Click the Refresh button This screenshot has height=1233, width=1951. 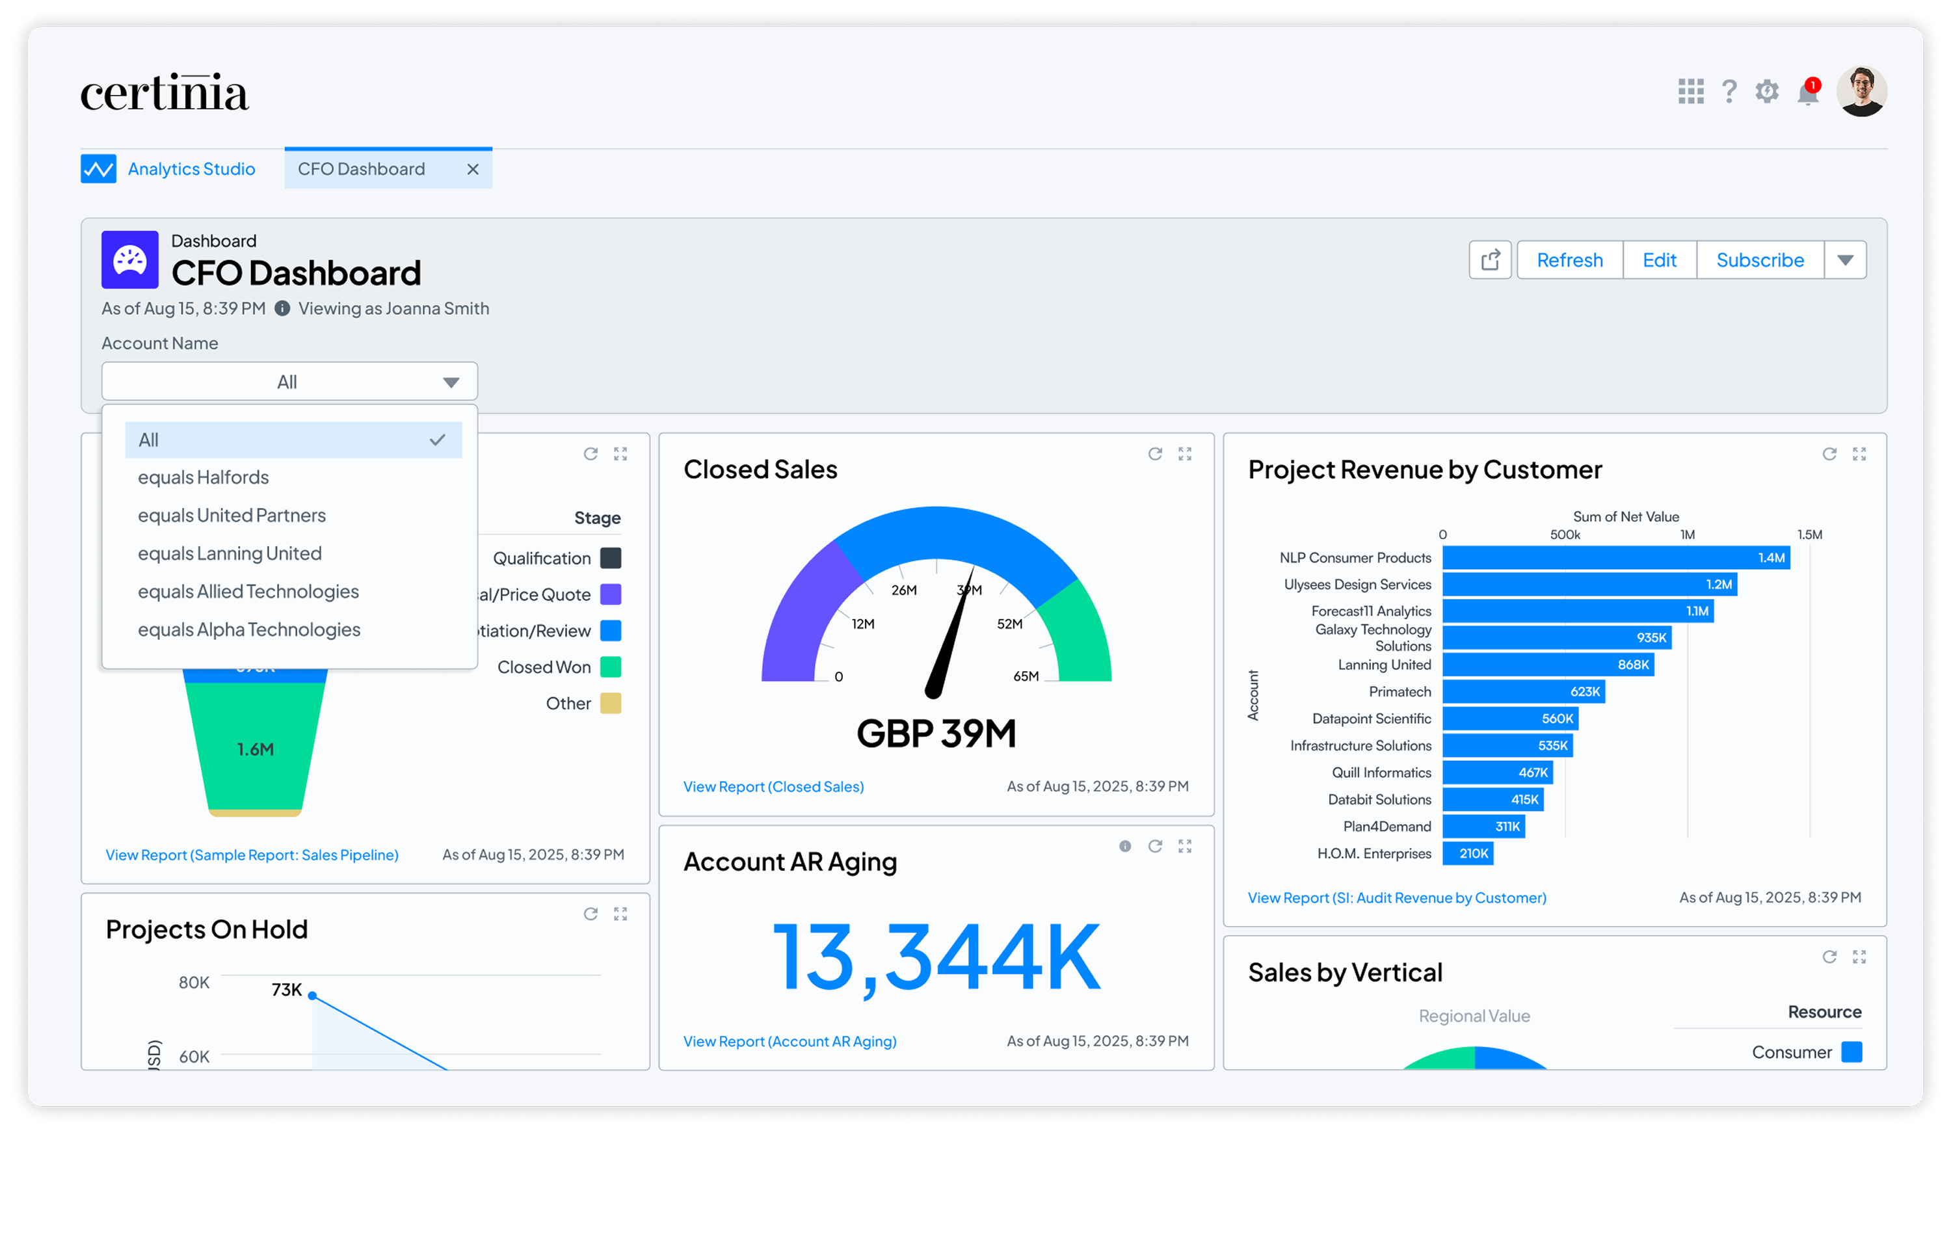(1569, 260)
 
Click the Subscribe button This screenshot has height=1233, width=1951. (1759, 260)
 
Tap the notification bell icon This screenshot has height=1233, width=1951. (1807, 92)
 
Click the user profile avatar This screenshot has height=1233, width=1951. (1861, 92)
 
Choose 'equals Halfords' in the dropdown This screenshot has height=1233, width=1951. (204, 478)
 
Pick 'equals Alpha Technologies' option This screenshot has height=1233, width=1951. (248, 630)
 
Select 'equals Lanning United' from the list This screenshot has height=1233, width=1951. (230, 554)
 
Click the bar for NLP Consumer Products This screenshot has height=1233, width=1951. (1615, 558)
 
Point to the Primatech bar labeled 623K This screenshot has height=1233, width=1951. (1523, 692)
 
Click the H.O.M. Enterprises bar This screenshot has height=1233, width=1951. (1467, 854)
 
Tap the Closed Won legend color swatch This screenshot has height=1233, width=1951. (611, 667)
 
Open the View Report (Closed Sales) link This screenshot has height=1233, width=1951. (773, 787)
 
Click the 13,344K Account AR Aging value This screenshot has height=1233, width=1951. (936, 959)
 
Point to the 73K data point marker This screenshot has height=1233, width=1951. (313, 996)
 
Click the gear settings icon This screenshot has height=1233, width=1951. (1767, 92)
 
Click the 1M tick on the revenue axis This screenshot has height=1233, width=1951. (1688, 535)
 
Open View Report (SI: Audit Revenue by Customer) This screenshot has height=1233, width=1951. (1397, 897)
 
